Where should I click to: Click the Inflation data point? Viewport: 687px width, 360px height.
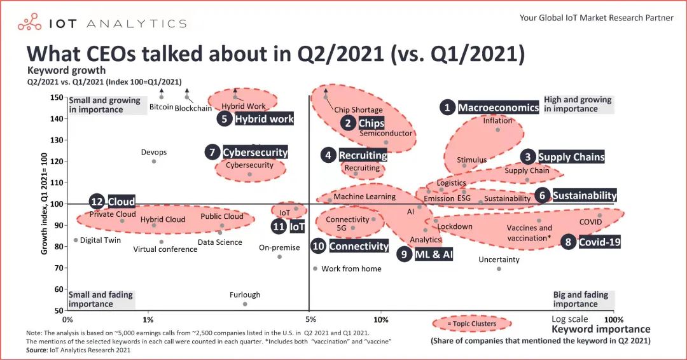coord(497,130)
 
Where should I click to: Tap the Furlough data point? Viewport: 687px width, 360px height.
coord(245,304)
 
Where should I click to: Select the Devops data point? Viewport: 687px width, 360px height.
coord(154,162)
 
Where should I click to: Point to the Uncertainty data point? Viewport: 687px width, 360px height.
coord(499,268)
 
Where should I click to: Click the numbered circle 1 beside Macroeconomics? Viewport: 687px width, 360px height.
coord(448,107)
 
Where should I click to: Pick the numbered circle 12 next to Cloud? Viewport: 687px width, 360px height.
coord(97,202)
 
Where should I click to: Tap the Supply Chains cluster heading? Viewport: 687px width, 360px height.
coord(571,156)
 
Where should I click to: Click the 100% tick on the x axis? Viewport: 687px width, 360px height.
coord(613,319)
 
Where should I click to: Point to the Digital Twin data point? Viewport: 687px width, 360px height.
coord(76,240)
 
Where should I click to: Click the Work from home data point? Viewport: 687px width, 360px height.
coord(315,268)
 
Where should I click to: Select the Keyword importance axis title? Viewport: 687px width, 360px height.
coord(600,329)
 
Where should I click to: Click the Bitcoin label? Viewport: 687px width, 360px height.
coord(162,107)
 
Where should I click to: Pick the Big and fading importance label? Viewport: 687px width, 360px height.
coord(580,299)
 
